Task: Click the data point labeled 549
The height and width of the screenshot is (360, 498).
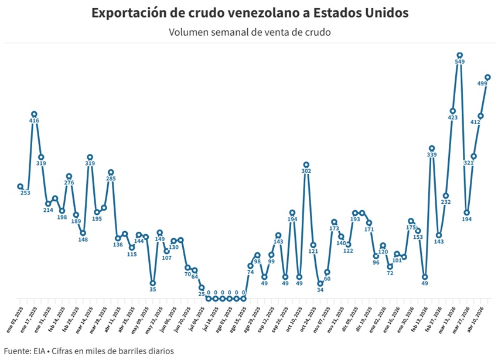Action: coord(460,56)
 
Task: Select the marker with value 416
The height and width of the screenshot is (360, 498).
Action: coord(34,114)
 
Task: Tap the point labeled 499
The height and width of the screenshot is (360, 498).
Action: coord(487,77)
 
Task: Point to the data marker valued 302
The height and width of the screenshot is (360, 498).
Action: coord(306,165)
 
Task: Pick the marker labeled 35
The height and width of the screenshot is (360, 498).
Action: coord(152,283)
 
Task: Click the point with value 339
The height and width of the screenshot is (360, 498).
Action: coord(432,148)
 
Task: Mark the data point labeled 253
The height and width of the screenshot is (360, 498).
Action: coord(21,187)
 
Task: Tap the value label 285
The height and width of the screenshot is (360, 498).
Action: coord(111,179)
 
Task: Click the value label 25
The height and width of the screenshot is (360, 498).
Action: coord(202,294)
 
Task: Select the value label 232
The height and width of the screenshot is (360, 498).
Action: coord(446,202)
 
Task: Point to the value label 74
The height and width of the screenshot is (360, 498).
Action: coord(250,272)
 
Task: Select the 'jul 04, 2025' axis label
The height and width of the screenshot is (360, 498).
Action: coord(195,320)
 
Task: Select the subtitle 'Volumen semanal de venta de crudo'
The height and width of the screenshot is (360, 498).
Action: coord(250,32)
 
